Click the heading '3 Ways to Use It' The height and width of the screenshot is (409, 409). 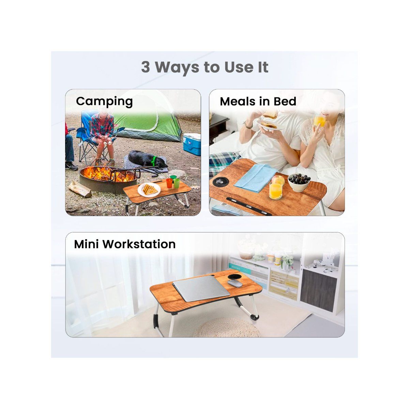point(204,67)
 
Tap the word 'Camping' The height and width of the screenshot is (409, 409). point(104,101)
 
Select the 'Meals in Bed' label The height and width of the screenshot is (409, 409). point(258,101)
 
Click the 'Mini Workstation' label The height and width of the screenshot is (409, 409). point(125,244)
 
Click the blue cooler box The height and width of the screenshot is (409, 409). point(192,143)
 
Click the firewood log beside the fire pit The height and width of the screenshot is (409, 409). point(80,188)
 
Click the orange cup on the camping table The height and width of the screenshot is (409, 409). point(169,183)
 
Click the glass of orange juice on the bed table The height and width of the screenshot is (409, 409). point(275,191)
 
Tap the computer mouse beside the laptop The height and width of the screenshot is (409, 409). point(233,283)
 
